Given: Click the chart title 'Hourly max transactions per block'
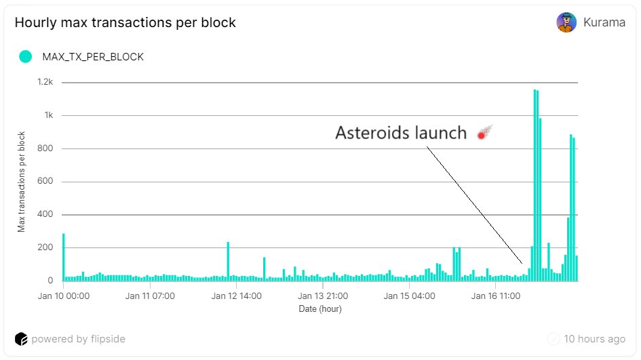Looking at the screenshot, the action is [125, 22].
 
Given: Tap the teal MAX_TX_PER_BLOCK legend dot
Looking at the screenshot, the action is [25, 56].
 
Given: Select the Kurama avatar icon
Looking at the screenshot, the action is [566, 22].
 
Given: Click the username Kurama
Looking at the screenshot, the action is [604, 22].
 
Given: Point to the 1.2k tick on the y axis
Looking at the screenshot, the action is [45, 82].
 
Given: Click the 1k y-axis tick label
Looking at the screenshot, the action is [49, 115].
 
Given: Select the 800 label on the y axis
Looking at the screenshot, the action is [45, 148].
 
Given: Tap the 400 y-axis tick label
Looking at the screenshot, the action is [45, 214].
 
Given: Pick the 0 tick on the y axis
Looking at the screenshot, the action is [50, 280].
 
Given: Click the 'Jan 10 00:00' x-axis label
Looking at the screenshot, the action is [63, 296].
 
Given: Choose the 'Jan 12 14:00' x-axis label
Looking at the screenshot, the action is [236, 296].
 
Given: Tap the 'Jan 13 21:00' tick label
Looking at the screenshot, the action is [323, 296].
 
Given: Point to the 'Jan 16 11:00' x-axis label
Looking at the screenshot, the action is [495, 296].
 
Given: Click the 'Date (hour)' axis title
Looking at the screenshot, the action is [320, 309].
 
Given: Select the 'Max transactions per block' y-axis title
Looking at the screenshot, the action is [21, 182].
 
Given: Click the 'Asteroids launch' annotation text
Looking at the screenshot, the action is [401, 133].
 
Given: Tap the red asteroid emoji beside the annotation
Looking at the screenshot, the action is [485, 132].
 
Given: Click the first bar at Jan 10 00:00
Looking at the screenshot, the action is [63, 257].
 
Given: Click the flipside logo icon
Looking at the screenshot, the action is [21, 339].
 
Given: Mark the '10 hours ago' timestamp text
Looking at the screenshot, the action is [594, 339].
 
